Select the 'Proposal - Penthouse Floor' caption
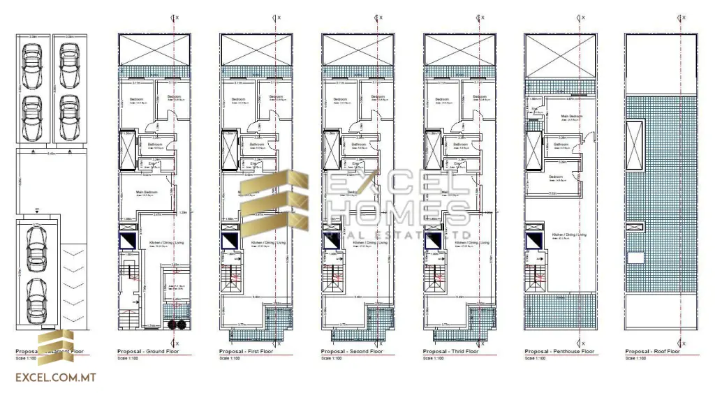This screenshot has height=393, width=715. [559, 351]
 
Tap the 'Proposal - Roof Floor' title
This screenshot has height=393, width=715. [652, 351]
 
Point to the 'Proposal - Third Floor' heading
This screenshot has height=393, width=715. [451, 351]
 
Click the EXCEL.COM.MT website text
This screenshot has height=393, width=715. [55, 378]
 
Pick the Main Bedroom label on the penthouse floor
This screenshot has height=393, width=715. [572, 116]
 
